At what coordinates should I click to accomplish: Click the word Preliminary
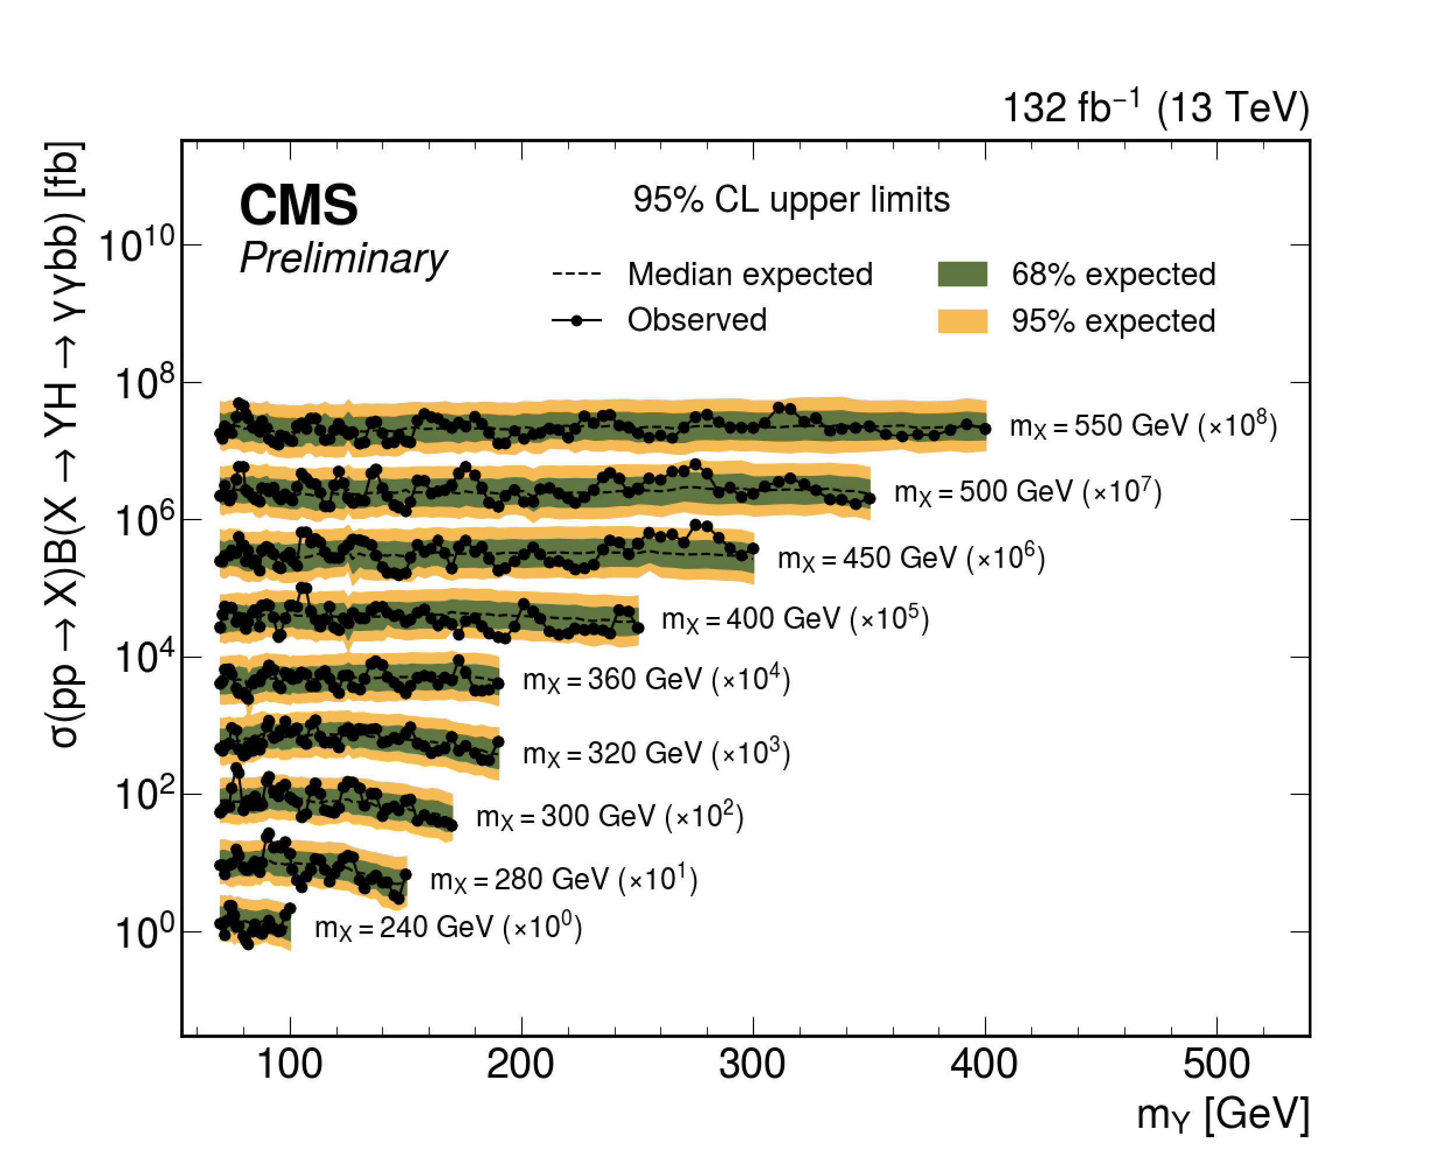pos(343,258)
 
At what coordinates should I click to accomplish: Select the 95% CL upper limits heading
pos(791,200)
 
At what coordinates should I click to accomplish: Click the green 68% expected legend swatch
pos(962,275)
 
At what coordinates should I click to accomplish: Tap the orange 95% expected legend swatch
pos(962,321)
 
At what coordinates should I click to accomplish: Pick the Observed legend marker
pos(576,321)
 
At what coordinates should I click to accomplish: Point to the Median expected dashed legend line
pos(576,275)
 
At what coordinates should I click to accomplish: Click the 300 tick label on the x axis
pos(752,1065)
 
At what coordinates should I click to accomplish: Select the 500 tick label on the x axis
pos(1216,1065)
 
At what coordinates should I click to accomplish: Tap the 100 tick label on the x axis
pos(289,1065)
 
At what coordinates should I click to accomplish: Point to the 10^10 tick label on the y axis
pos(138,244)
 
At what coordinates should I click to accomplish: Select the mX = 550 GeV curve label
pos(1142,426)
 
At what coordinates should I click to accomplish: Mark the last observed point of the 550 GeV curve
pos(986,429)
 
